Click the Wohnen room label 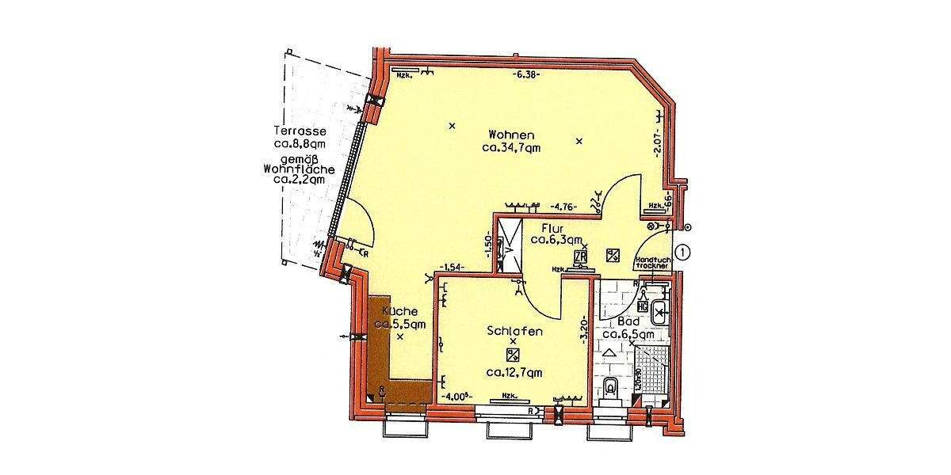(x=511, y=135)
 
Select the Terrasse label (x=300, y=131)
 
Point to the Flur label (x=552, y=229)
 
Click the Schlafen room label (x=514, y=332)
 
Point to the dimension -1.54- (x=453, y=268)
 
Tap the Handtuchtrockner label (x=654, y=264)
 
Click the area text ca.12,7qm (x=514, y=371)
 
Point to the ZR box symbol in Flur (x=581, y=256)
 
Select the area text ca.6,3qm (x=557, y=240)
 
